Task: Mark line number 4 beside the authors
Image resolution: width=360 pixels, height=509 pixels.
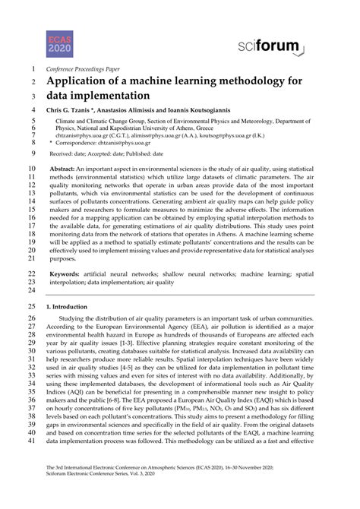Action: point(33,111)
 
